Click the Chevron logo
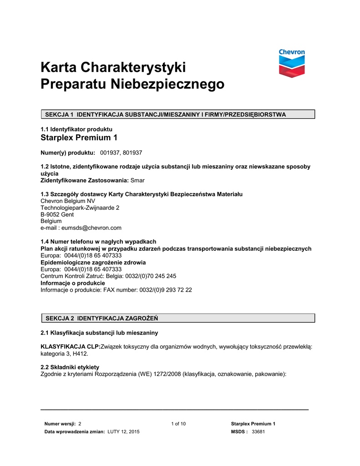[292, 64]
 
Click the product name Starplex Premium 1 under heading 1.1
[76, 138]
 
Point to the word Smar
[137, 181]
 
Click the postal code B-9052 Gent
[57, 214]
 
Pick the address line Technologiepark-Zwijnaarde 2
[80, 208]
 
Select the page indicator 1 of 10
[178, 424]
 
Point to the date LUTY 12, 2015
[123, 432]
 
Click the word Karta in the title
[58, 68]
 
